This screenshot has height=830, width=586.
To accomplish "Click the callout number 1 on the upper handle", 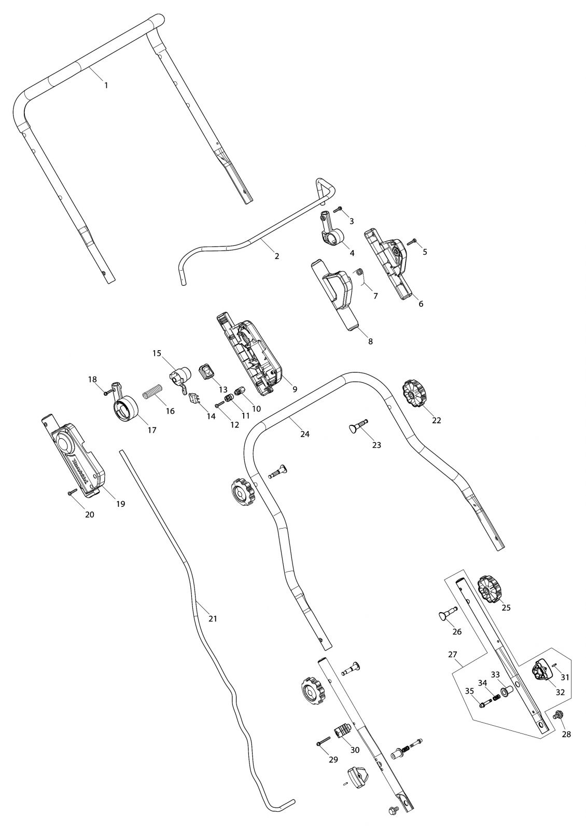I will pos(106,85).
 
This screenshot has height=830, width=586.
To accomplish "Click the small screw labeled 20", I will pos(72,491).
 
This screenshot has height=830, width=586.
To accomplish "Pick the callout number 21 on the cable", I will pos(213,618).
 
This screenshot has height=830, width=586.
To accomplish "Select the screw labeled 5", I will pos(413,241).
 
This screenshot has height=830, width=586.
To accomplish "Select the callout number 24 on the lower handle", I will pos(304,434).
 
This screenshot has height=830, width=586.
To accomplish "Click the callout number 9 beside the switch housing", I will pos(295,389).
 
